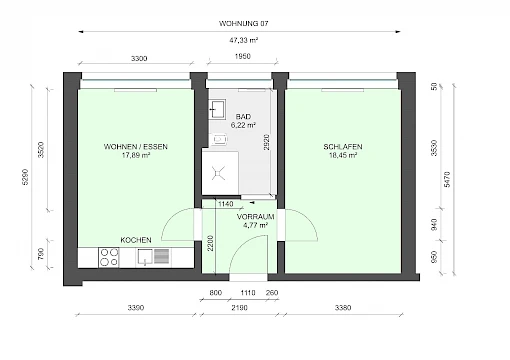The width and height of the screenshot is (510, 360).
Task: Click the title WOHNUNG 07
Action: (x=243, y=23)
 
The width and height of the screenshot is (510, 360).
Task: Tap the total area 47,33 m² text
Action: (x=243, y=40)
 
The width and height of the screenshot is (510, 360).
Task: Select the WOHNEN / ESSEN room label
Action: (x=136, y=147)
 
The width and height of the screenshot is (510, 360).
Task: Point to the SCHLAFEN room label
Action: (x=343, y=147)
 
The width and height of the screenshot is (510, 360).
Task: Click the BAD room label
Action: (x=243, y=117)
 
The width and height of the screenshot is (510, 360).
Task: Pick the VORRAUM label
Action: (x=255, y=217)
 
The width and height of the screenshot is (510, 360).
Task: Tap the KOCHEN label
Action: (x=136, y=240)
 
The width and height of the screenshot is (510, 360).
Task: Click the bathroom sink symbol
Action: (x=218, y=109)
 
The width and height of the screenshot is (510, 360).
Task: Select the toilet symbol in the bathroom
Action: (x=219, y=139)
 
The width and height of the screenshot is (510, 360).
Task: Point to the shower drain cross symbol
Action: (x=218, y=173)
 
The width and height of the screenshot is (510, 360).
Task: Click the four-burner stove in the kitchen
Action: (x=109, y=257)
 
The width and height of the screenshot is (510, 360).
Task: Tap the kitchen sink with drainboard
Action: (x=154, y=257)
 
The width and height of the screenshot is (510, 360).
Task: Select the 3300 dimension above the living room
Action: (x=139, y=59)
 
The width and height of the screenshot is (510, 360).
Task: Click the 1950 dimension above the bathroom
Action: (x=242, y=56)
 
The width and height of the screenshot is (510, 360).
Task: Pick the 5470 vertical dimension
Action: (x=447, y=179)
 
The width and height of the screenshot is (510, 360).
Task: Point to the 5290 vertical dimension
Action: (x=25, y=177)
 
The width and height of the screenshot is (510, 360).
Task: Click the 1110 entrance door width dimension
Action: (x=248, y=293)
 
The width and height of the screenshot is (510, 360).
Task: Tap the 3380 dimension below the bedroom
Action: (x=343, y=308)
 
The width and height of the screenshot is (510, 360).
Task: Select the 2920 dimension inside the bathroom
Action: (x=267, y=142)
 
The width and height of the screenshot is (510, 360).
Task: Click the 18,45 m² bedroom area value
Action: (x=343, y=155)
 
